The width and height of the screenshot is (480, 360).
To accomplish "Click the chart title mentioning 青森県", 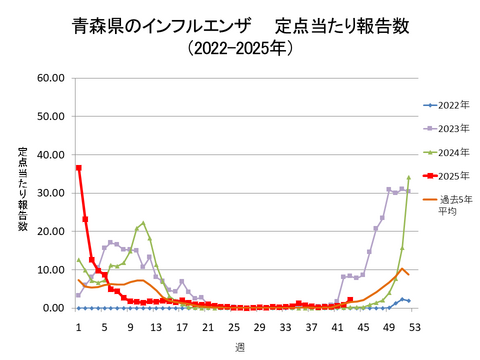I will (239, 24).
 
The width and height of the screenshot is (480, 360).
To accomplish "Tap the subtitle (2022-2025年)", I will (239, 47).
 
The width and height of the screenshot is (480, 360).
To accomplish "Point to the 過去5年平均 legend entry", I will (449, 206).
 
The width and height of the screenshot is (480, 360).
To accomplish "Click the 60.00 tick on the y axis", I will (51, 78).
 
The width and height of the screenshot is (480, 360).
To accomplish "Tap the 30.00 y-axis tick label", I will (51, 193).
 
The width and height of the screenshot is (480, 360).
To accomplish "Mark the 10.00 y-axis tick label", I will (51, 270).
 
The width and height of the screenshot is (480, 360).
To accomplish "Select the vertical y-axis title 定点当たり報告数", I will (22, 190).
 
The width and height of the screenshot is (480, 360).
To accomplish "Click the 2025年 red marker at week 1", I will (78, 167).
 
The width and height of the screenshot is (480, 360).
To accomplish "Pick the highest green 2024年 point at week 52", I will (408, 177).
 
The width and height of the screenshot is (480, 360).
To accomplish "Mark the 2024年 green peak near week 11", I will (143, 223).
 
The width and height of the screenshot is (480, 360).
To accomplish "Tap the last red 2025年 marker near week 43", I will (350, 300).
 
